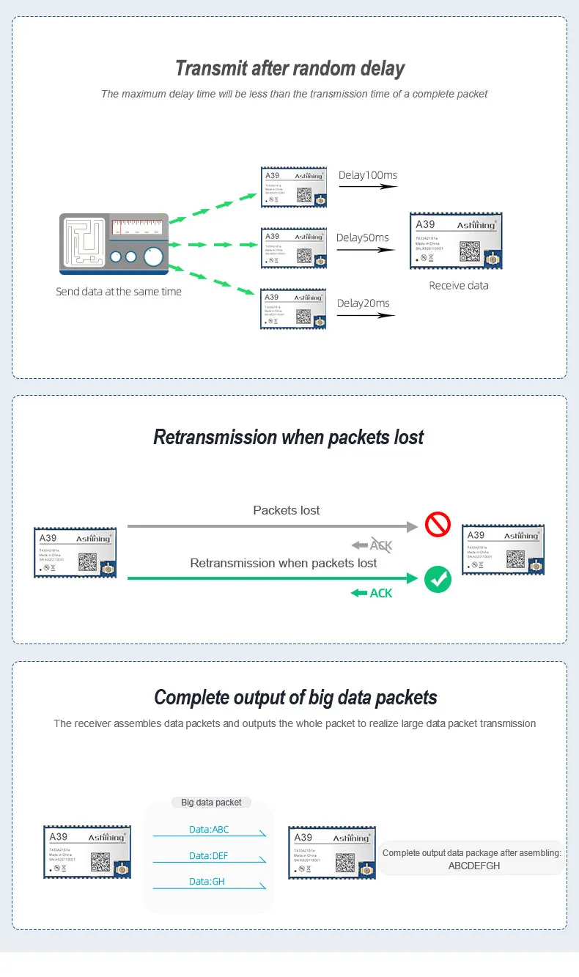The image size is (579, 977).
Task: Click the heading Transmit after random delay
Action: click(289, 69)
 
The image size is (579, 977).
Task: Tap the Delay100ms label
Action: click(367, 175)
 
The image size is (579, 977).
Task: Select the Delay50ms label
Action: click(362, 237)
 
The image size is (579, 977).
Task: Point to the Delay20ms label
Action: click(363, 303)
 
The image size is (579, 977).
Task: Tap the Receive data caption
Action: click(458, 285)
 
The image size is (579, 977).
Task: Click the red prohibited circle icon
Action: click(438, 525)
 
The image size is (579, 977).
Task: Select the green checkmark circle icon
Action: click(438, 580)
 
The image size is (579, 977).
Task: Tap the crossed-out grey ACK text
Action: click(380, 545)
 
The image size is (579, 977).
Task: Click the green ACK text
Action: click(380, 593)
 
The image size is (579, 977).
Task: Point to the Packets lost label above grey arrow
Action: click(286, 510)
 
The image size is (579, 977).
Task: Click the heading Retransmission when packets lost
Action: click(289, 438)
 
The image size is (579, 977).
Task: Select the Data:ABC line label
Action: click(209, 829)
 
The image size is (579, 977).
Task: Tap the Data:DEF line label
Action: click(209, 855)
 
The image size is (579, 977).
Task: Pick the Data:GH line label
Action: click(207, 882)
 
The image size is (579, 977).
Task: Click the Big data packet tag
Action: click(211, 802)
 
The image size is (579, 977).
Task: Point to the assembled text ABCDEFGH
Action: click(474, 866)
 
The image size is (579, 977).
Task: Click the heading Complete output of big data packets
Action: click(295, 697)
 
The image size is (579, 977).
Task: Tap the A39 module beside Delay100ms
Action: click(292, 187)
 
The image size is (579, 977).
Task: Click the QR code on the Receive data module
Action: click(469, 250)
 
